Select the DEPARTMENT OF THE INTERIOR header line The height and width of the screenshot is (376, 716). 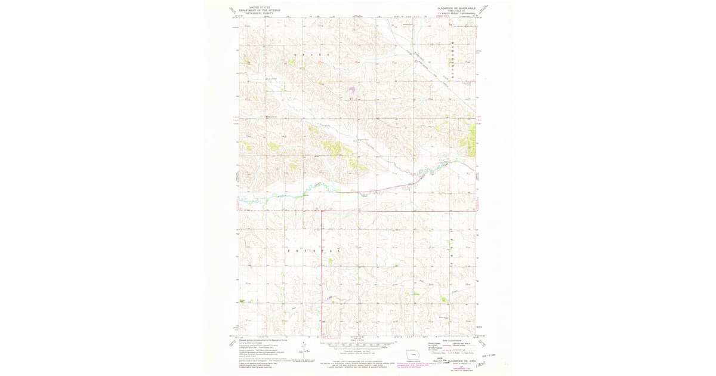point(259,11)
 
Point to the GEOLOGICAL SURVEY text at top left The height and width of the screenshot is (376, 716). point(259,13)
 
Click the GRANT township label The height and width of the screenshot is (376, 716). point(311,54)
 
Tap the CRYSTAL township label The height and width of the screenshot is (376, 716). point(314,251)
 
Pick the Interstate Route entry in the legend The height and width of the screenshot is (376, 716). point(436,353)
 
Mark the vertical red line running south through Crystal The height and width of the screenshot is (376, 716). point(322,269)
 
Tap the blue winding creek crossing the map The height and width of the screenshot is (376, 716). point(310,190)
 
